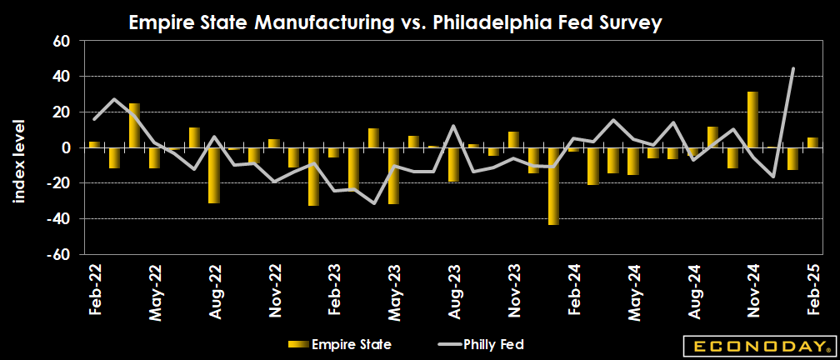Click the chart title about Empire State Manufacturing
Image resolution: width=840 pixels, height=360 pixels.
click(x=395, y=23)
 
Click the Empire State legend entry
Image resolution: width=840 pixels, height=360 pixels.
click(x=339, y=343)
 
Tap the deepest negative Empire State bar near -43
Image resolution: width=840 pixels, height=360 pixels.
click(x=553, y=187)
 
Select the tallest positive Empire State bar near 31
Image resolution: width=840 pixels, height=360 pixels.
click(x=752, y=120)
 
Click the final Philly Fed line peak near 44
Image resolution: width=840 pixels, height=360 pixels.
click(x=792, y=69)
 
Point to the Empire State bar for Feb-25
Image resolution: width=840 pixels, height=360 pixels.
click(x=812, y=142)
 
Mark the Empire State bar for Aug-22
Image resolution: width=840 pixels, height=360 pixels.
click(x=214, y=176)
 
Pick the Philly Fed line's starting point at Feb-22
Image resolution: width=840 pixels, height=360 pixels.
click(x=94, y=119)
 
